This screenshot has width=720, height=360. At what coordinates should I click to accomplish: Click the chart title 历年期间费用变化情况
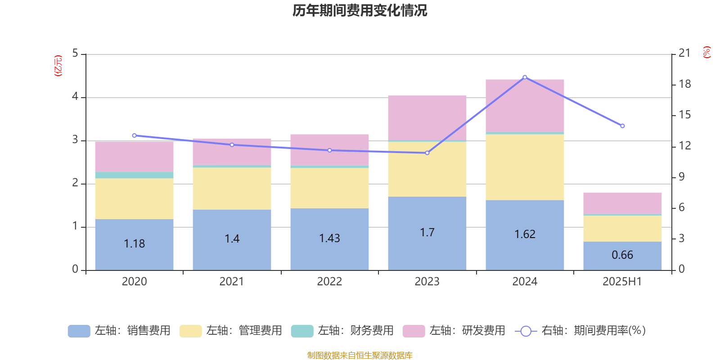pos(360,10)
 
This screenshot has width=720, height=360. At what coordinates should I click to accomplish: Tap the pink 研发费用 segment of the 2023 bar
pos(427,117)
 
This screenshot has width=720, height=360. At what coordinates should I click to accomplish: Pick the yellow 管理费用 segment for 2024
pos(525,167)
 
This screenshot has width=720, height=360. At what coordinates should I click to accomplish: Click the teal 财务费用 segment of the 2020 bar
pos(134,175)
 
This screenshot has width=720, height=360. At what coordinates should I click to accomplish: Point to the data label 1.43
pos(329,238)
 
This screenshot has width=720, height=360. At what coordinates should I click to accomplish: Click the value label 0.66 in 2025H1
pos(622,255)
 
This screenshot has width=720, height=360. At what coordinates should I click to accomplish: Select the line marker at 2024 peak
pos(525,77)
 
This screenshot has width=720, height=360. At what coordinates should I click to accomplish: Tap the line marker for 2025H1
pos(622,126)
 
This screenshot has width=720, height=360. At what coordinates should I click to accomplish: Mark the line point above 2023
pos(427,153)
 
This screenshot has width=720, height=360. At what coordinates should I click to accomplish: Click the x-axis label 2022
pos(329,282)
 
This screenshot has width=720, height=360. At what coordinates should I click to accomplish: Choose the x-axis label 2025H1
pos(622,282)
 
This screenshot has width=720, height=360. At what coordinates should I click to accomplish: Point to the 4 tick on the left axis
pos(75,97)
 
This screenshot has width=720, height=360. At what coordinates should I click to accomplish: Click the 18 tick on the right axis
pos(684,84)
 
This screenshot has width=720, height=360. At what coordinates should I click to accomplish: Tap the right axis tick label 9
pos(681,177)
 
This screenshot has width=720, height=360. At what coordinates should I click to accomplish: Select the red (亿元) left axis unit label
pos(58,66)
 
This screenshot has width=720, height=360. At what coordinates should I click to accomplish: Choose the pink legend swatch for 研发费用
pos(414,331)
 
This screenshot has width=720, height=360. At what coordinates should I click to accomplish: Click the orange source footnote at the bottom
pos(360,355)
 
